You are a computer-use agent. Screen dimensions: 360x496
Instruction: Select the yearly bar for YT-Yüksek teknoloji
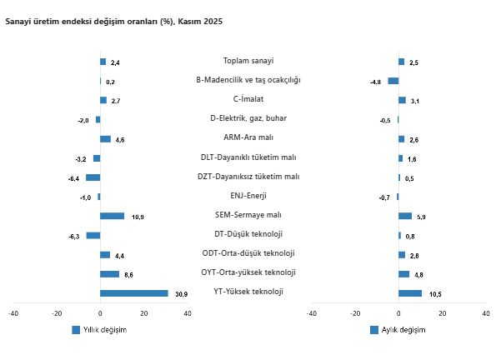pyautogui.click(x=133, y=293)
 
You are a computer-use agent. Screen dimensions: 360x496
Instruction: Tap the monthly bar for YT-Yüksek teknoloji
pyautogui.click(x=410, y=293)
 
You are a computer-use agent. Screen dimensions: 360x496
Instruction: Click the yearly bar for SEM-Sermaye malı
pyautogui.click(x=112, y=216)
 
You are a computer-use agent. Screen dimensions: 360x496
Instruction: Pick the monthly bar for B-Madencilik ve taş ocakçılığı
pyautogui.click(x=393, y=81)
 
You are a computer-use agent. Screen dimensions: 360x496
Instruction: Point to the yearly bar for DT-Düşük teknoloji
pyautogui.click(x=93, y=235)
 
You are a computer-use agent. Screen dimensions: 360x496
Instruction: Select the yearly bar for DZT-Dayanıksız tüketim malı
pyautogui.click(x=93, y=177)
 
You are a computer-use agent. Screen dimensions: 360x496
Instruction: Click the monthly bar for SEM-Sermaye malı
pyautogui.click(x=405, y=216)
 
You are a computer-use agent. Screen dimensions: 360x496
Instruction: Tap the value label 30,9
pyautogui.click(x=181, y=294)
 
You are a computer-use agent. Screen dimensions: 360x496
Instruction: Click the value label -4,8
pyautogui.click(x=375, y=82)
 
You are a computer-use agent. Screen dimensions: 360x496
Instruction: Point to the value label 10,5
pyautogui.click(x=435, y=294)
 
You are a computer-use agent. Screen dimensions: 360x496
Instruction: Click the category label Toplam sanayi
pyautogui.click(x=248, y=61)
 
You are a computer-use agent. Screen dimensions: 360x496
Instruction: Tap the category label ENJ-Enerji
pyautogui.click(x=248, y=196)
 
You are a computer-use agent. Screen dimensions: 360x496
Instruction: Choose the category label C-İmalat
pyautogui.click(x=248, y=99)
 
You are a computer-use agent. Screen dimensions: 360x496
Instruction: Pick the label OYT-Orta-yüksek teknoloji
pyautogui.click(x=248, y=272)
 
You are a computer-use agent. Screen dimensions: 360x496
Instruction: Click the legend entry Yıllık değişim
pyautogui.click(x=104, y=330)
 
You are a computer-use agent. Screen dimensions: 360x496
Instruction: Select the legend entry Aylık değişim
pyautogui.click(x=403, y=330)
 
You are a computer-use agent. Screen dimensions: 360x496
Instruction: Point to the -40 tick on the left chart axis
pyautogui.click(x=13, y=313)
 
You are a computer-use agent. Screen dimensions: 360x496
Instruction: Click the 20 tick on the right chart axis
pyautogui.click(x=442, y=313)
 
